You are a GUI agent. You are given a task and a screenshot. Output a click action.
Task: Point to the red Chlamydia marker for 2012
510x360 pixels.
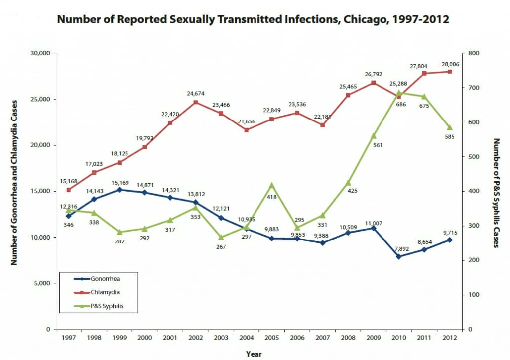pyautogui.click(x=449, y=72)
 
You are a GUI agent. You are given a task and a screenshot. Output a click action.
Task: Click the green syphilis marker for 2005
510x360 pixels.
pyautogui.click(x=271, y=185)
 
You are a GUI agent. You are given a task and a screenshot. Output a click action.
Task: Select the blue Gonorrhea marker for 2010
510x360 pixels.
pyautogui.click(x=398, y=256)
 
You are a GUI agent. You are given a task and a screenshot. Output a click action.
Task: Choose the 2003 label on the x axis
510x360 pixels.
pyautogui.click(x=221, y=338)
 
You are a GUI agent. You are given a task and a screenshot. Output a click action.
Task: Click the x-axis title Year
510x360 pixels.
pyautogui.click(x=254, y=354)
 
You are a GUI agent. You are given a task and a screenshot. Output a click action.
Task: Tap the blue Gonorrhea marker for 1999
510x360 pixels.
pyautogui.click(x=120, y=190)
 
